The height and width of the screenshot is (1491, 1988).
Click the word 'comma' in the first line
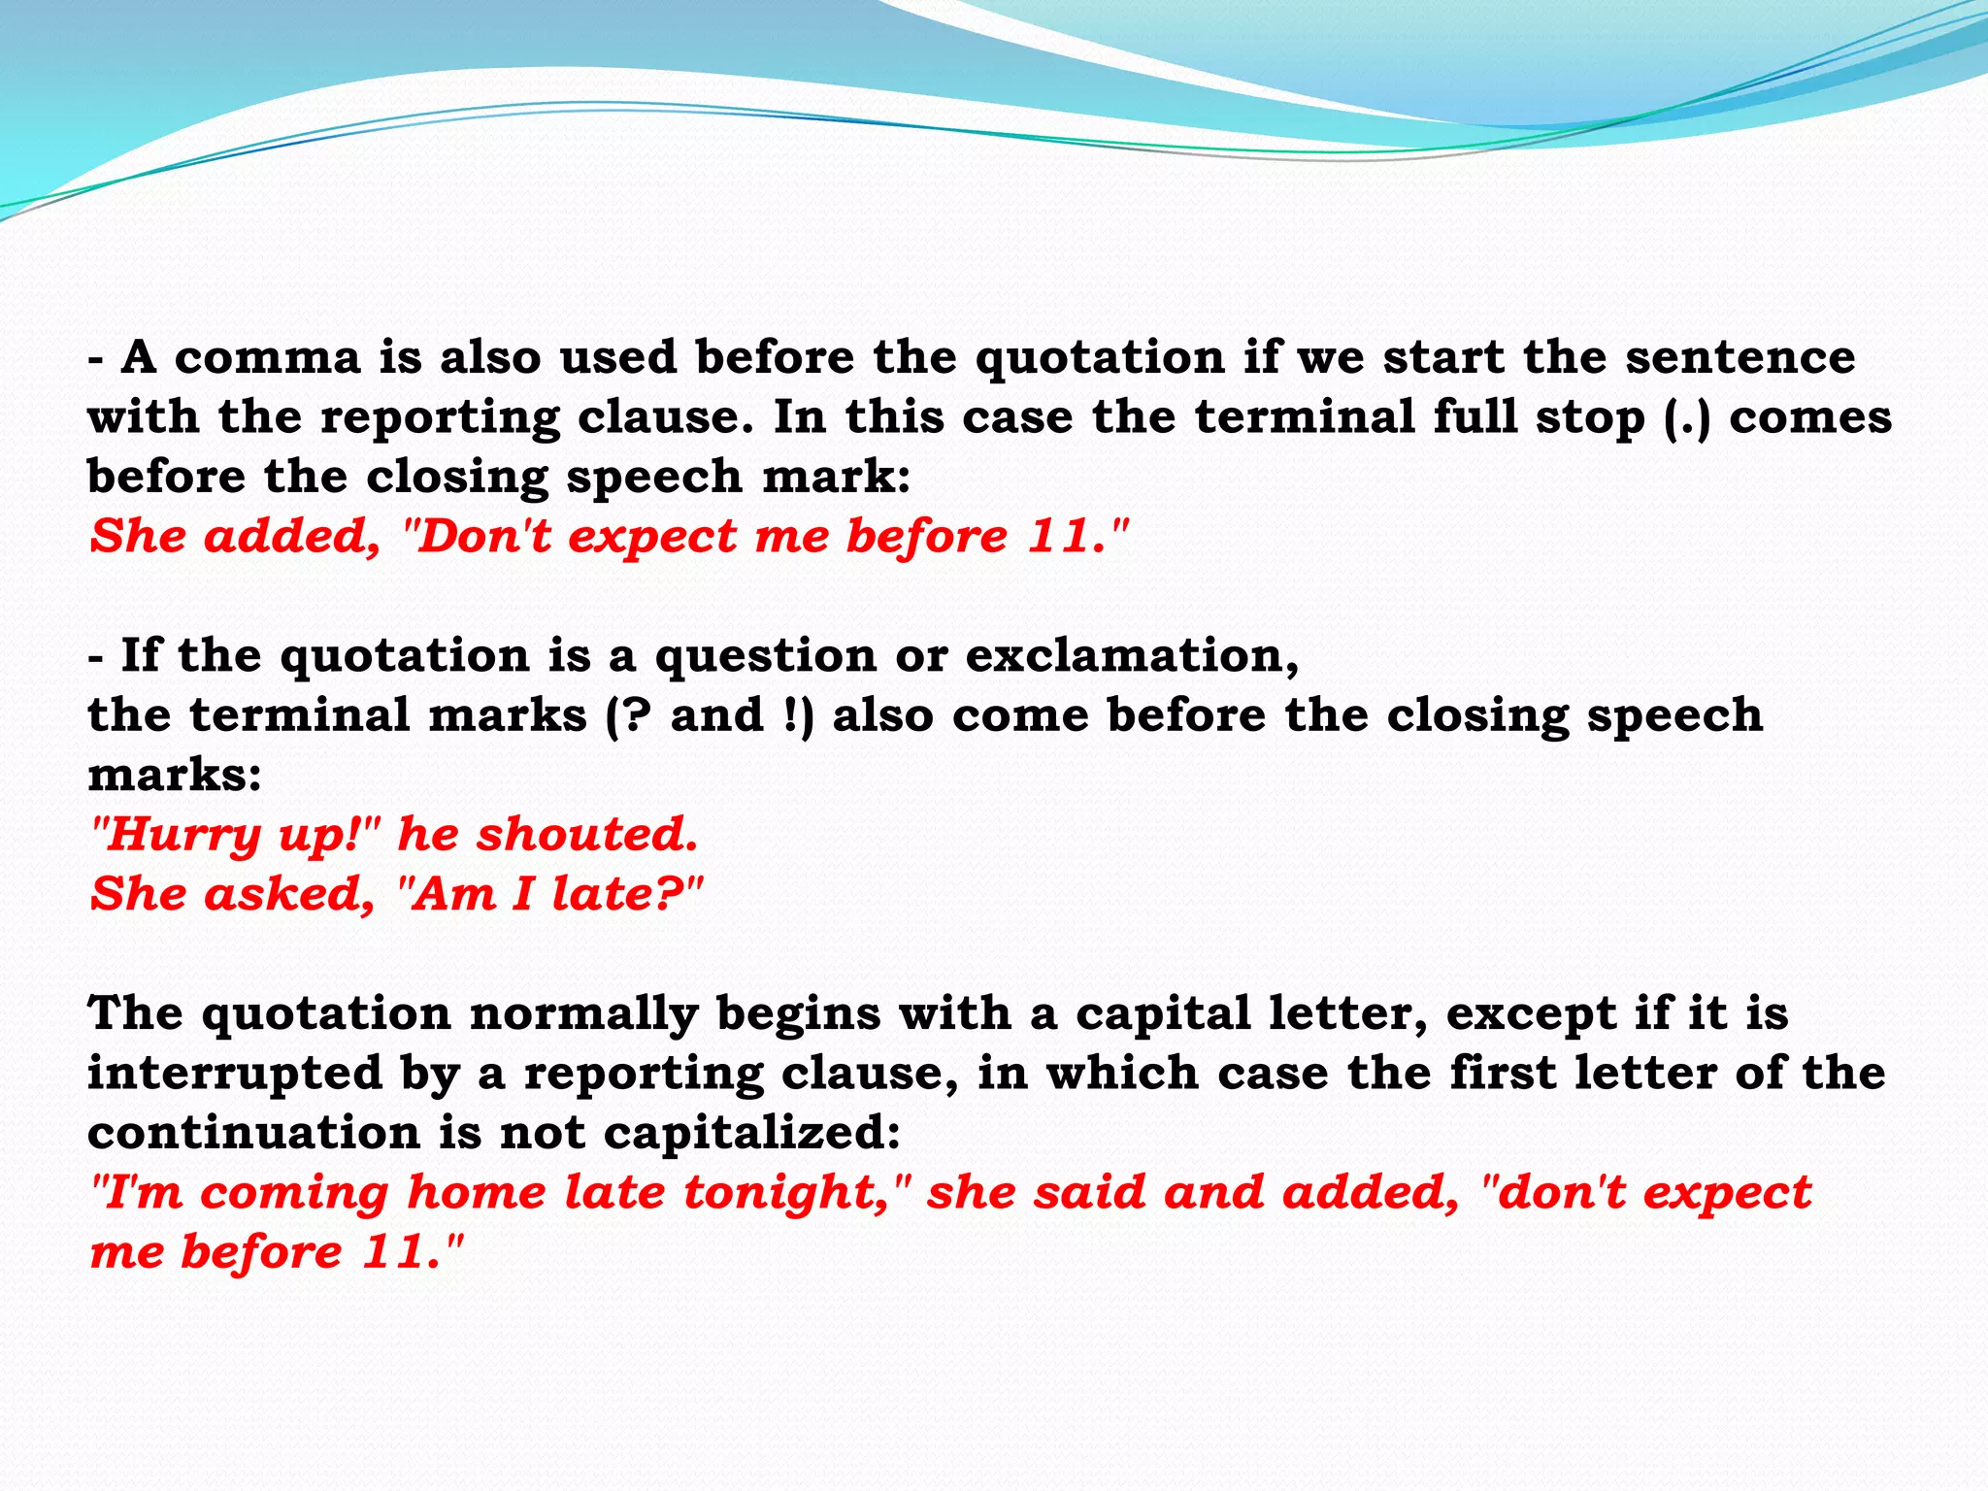pyautogui.click(x=267, y=358)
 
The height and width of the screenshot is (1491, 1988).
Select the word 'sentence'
pyautogui.click(x=1740, y=357)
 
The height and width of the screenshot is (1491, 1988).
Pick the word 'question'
pyautogui.click(x=766, y=656)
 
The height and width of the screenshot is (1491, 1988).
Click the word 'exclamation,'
pyautogui.click(x=1132, y=656)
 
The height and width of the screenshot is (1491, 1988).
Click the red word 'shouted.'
pyautogui.click(x=586, y=834)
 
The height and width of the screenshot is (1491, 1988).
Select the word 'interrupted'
pyautogui.click(x=234, y=1074)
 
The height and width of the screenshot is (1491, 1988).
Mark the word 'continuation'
pyautogui.click(x=253, y=1133)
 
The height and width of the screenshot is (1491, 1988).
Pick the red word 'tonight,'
pyautogui.click(x=793, y=1193)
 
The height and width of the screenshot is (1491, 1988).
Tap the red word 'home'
pyautogui.click(x=477, y=1192)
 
